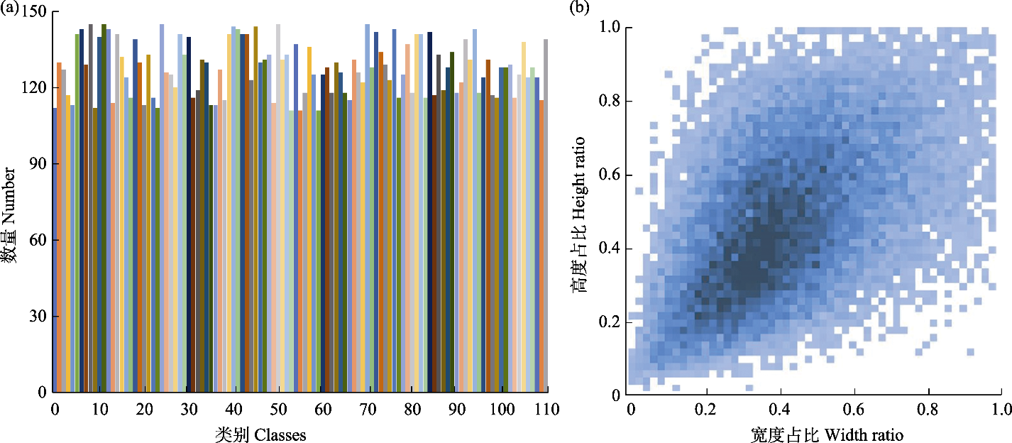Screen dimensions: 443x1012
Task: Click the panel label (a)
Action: click(x=9, y=8)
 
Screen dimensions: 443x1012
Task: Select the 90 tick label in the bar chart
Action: click(x=35, y=164)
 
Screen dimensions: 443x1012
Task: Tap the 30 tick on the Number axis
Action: click(x=35, y=316)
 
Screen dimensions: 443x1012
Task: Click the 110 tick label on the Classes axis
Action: click(x=547, y=410)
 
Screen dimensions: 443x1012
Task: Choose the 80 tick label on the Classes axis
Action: click(x=413, y=410)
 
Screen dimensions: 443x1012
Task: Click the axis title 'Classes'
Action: click(x=280, y=434)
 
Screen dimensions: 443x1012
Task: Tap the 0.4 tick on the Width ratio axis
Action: click(x=779, y=410)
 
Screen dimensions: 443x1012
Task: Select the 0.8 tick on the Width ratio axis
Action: click(x=927, y=410)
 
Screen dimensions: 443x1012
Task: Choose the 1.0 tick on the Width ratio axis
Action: click(x=1000, y=410)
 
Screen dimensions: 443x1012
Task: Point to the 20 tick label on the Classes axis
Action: click(x=144, y=410)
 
